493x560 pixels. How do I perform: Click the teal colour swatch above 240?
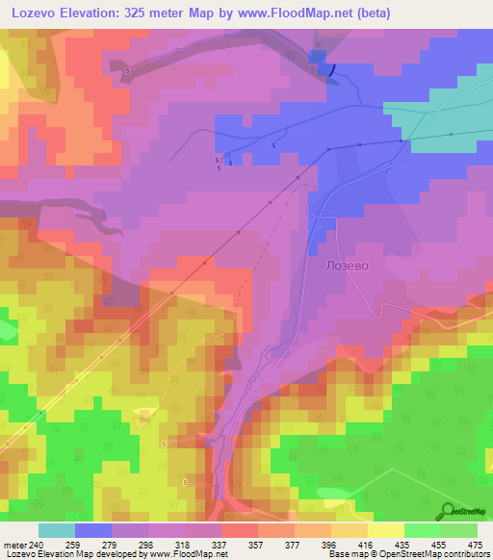tap(57, 530)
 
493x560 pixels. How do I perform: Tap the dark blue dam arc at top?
tap(331, 69)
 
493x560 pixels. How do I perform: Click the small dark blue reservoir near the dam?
tap(317, 60)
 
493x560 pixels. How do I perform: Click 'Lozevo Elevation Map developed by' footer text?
tap(67, 554)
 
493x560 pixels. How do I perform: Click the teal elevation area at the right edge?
tap(453, 125)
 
